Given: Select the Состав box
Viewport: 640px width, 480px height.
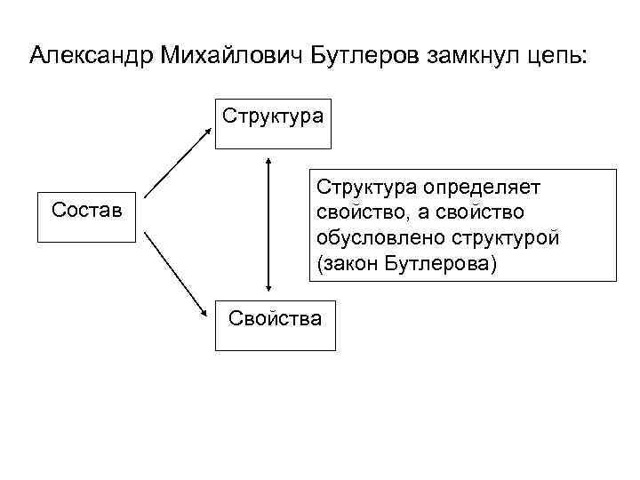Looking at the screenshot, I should tap(86, 214).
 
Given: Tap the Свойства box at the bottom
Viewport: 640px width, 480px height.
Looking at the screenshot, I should tap(275, 324).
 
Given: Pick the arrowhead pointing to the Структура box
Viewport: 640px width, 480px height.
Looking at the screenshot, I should tap(209, 130).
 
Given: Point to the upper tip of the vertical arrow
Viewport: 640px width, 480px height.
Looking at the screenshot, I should tap(268, 161).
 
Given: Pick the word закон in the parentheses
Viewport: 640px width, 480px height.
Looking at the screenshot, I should tap(351, 265).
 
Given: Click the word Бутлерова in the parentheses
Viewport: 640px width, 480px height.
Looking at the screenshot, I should tap(440, 265).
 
